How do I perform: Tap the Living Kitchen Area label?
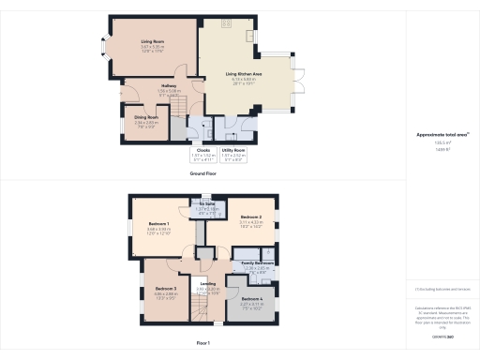[x=243, y=73]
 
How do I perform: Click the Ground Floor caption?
[x=203, y=173]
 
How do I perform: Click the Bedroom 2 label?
[x=242, y=217]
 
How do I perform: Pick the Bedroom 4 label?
[x=250, y=301]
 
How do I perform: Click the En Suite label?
[x=207, y=203]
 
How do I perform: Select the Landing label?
[x=208, y=285]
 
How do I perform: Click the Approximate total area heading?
[x=441, y=135]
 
